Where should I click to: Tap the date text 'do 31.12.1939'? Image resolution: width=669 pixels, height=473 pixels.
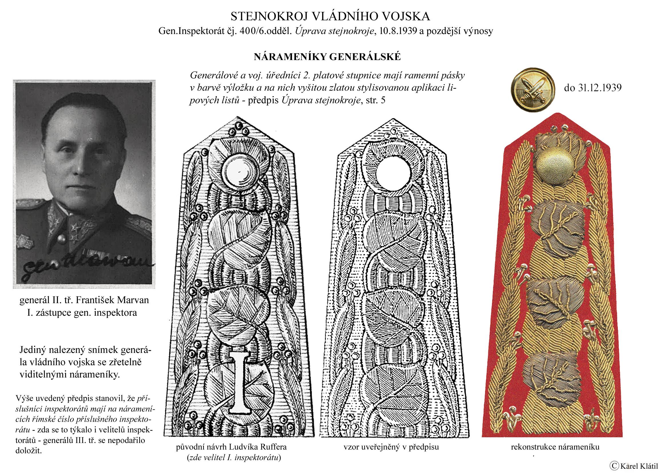click(x=593, y=88)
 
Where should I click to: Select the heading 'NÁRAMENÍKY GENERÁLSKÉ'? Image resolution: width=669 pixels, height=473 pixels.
click(x=327, y=57)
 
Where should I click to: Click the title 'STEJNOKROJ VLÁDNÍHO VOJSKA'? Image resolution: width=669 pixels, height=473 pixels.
click(x=330, y=17)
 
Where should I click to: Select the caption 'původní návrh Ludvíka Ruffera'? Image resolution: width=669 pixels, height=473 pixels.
click(x=231, y=447)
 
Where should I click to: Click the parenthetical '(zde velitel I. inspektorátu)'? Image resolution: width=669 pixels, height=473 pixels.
click(x=234, y=458)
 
